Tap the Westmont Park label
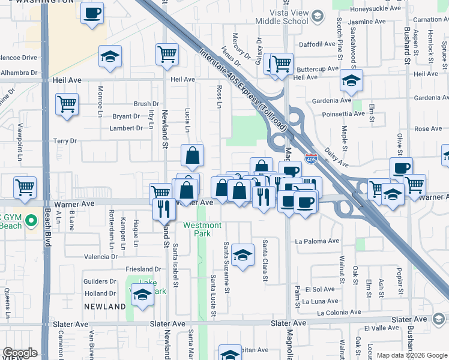coord(202,229)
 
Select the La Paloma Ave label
coord(317,241)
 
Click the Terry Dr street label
coord(65,141)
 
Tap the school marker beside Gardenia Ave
coord(351,80)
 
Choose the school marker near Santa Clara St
coord(243,256)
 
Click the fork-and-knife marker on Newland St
coord(163,209)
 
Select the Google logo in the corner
coord(20,353)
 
